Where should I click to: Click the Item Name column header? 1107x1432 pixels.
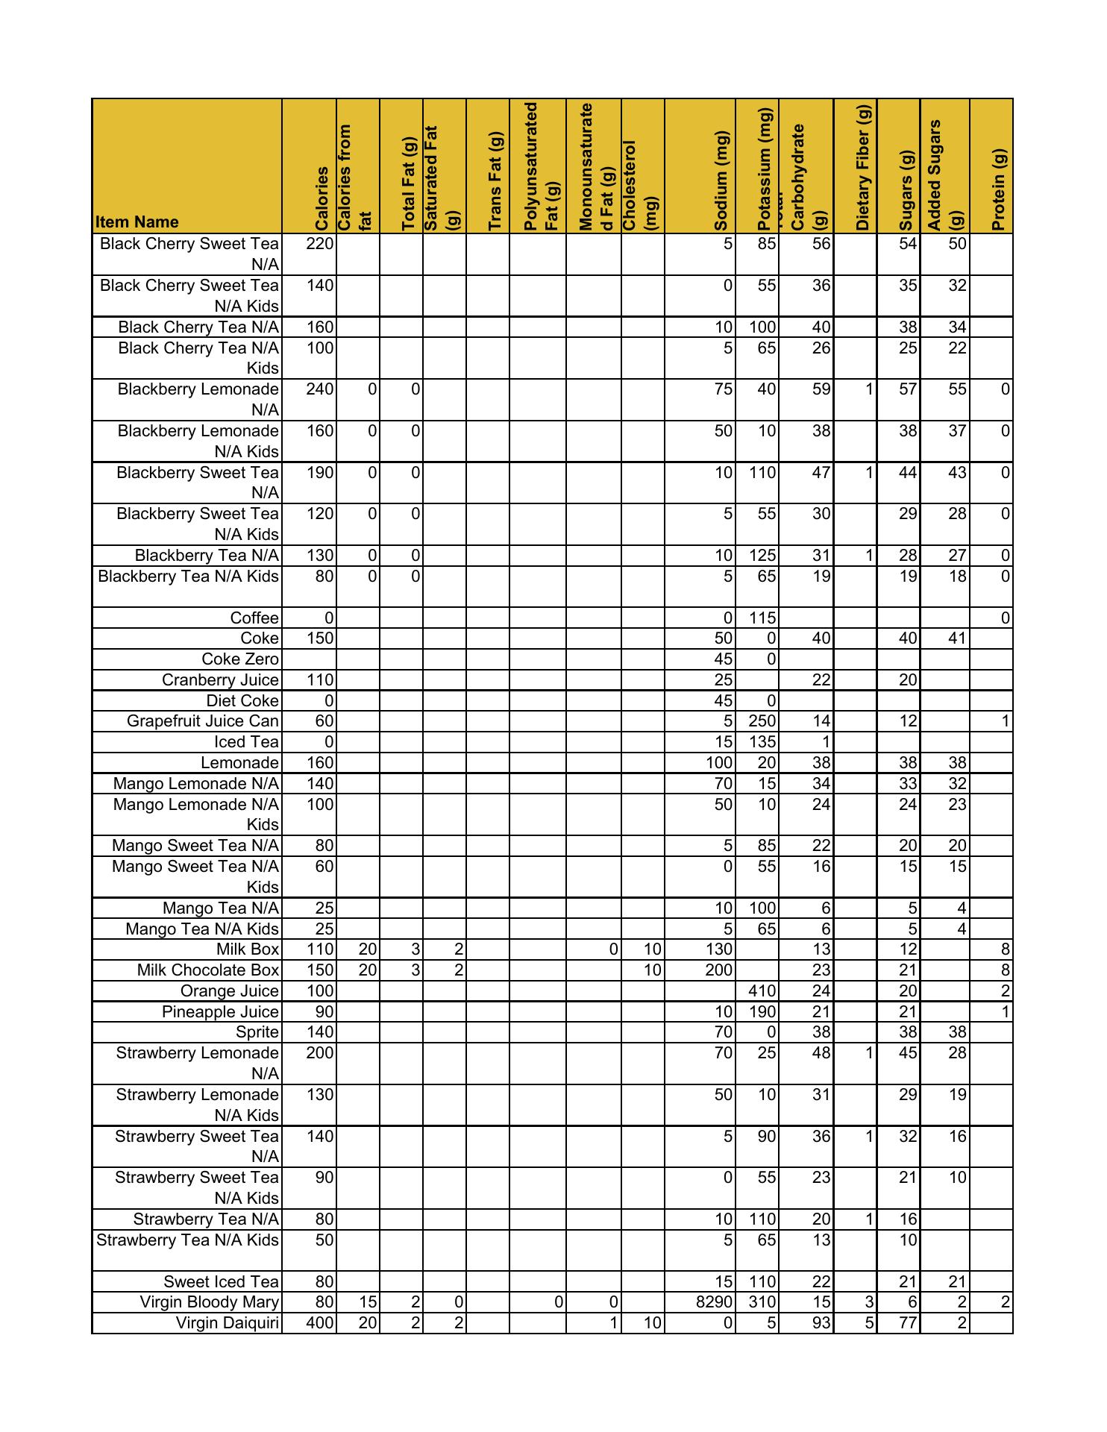pyautogui.click(x=137, y=222)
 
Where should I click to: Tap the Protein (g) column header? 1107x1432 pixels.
pyautogui.click(x=1000, y=189)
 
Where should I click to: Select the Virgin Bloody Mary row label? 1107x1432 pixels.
pyautogui.click(x=210, y=1302)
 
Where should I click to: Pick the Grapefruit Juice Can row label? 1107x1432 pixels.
pyautogui.click(x=203, y=721)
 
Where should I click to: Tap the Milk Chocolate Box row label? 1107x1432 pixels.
pyautogui.click(x=208, y=970)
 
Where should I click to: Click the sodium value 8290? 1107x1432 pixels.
pyautogui.click(x=714, y=1302)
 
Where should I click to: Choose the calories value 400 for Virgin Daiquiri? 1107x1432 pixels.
pyautogui.click(x=320, y=1323)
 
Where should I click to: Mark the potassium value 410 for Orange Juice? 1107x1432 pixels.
pyautogui.click(x=762, y=991)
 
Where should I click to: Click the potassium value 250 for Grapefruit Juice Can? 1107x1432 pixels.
pyautogui.click(x=762, y=721)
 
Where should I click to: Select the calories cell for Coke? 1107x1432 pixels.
pyautogui.click(x=320, y=638)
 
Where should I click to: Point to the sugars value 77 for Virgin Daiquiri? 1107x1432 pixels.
pyautogui.click(x=907, y=1323)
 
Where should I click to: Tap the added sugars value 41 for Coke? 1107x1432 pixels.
pyautogui.click(x=957, y=638)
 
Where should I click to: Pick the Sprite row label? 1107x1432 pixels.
pyautogui.click(x=257, y=1032)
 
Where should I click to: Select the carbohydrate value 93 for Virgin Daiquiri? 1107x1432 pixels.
pyautogui.click(x=821, y=1323)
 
